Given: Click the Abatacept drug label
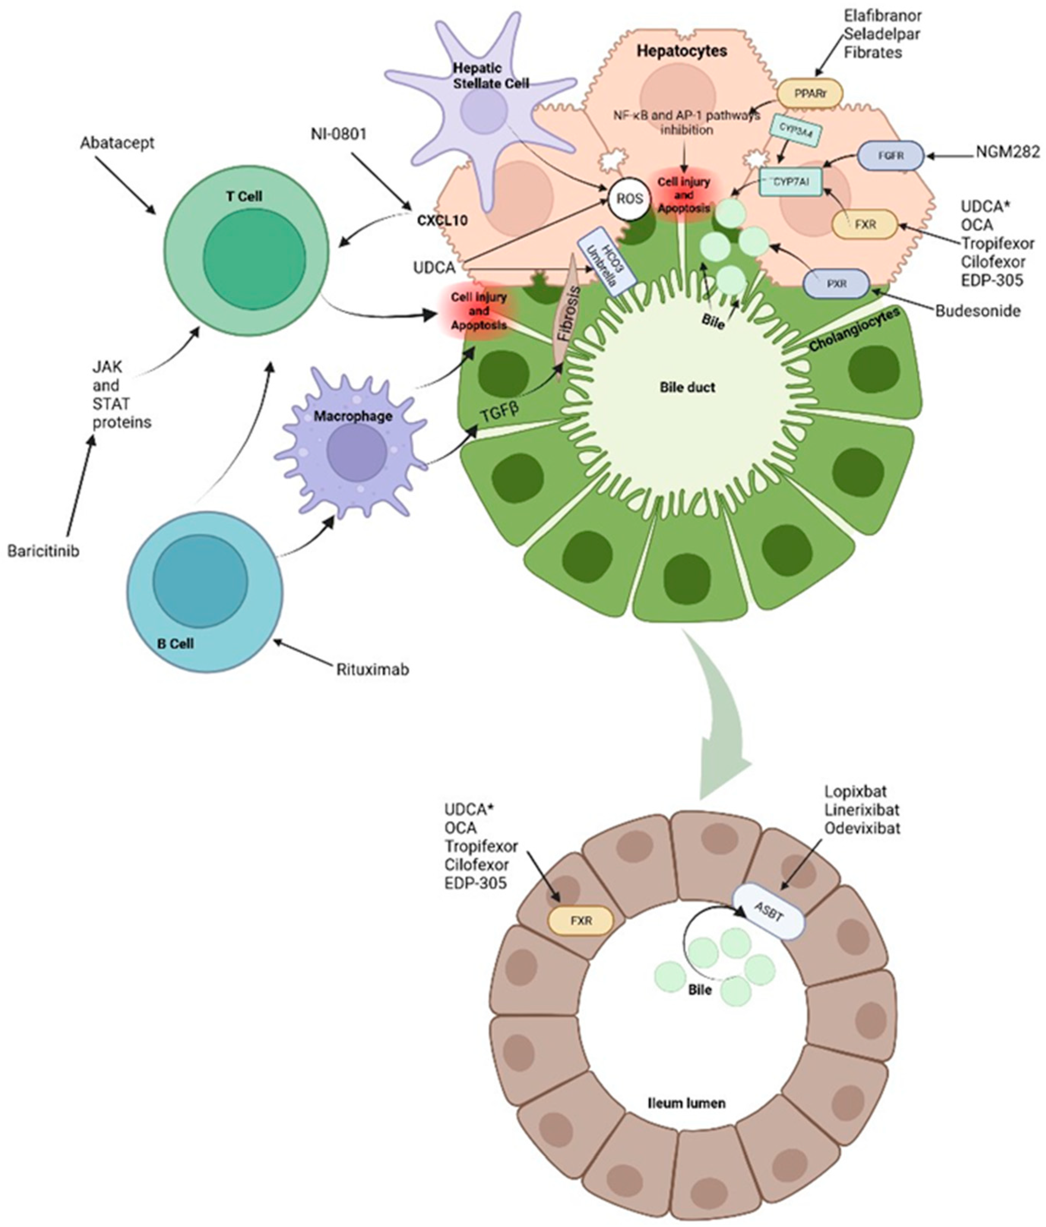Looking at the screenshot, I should pyautogui.click(x=117, y=143).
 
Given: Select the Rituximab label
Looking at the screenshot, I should pyautogui.click(x=373, y=670).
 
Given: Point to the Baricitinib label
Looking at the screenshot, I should pyautogui.click(x=43, y=551).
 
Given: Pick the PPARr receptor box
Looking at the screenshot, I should pyautogui.click(x=810, y=93).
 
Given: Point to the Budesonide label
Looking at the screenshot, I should pyautogui.click(x=977, y=311).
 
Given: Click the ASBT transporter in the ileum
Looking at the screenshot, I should pyautogui.click(x=769, y=914).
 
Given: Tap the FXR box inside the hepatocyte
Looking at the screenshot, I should pyautogui.click(x=865, y=225).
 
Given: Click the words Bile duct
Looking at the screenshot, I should pyautogui.click(x=687, y=387).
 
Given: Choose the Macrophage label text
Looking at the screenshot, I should pyautogui.click(x=353, y=416).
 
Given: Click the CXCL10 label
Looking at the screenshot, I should pyautogui.click(x=442, y=220).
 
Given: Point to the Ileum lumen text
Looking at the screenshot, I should pyautogui.click(x=686, y=1103).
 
